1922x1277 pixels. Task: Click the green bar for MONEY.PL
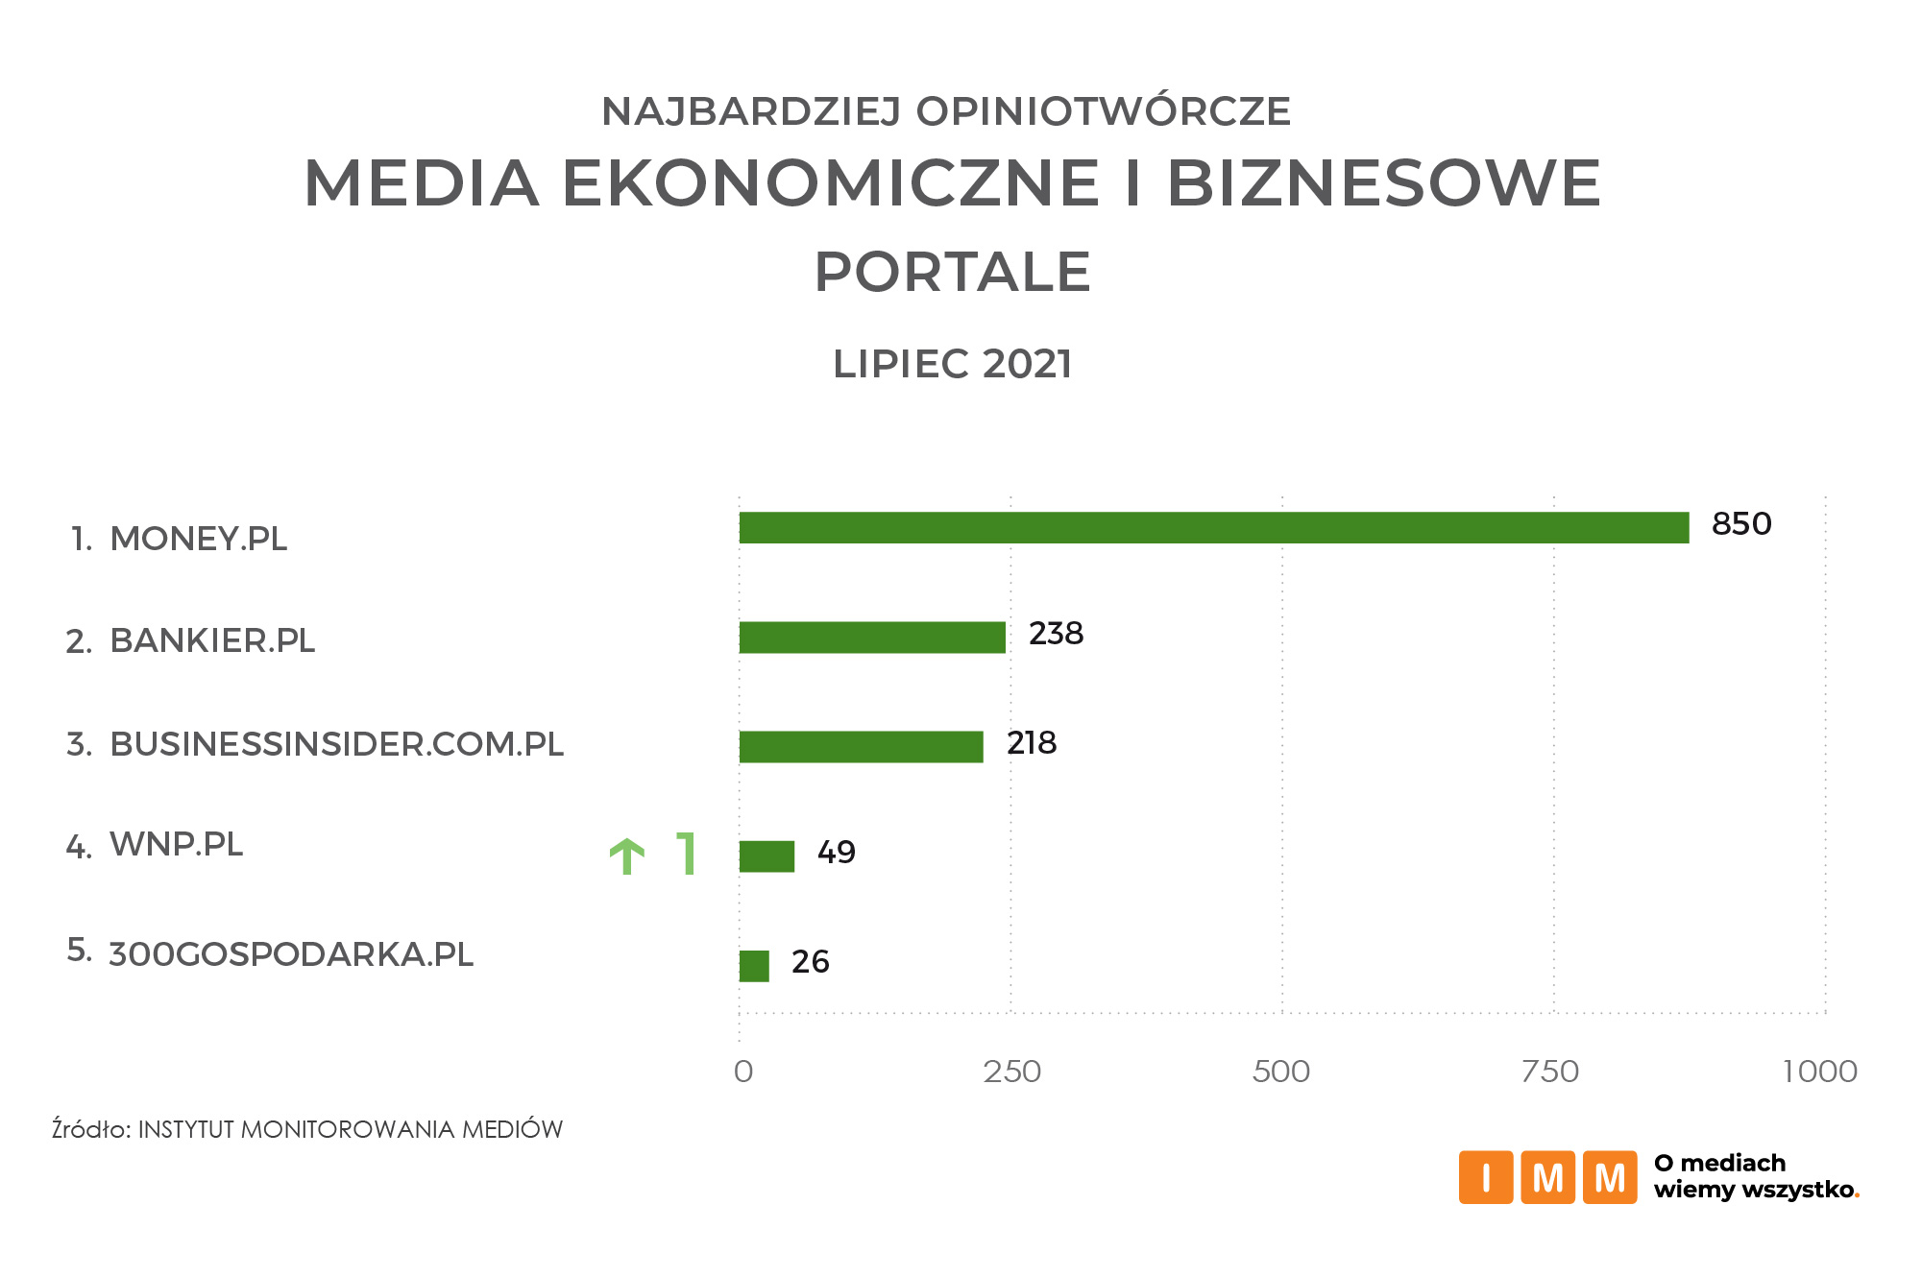click(x=1213, y=528)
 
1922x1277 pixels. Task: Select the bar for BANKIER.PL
click(x=872, y=638)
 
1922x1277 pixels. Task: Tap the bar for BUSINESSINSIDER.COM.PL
click(x=861, y=747)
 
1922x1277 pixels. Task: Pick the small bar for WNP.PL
click(x=766, y=856)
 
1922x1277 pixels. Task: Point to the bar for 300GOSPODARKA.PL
click(x=754, y=966)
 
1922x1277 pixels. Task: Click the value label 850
click(x=1740, y=524)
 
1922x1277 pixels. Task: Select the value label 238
click(x=1056, y=634)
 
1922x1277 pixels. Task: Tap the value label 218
click(x=1032, y=743)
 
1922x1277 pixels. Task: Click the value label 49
click(x=836, y=853)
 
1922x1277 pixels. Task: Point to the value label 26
click(x=810, y=962)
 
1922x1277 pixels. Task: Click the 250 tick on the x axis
click(x=1011, y=1072)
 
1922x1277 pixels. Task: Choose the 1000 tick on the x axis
click(x=1819, y=1072)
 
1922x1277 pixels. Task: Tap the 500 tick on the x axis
click(x=1281, y=1072)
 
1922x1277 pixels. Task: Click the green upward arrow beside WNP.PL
click(x=627, y=855)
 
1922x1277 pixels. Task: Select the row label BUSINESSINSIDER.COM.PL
click(x=336, y=744)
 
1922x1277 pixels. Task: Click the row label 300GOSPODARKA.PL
click(x=291, y=954)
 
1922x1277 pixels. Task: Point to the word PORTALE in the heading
click(x=952, y=272)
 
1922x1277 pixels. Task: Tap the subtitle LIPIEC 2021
click(x=952, y=365)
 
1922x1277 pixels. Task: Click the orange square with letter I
click(x=1485, y=1177)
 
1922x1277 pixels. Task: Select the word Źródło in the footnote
click(x=90, y=1129)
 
